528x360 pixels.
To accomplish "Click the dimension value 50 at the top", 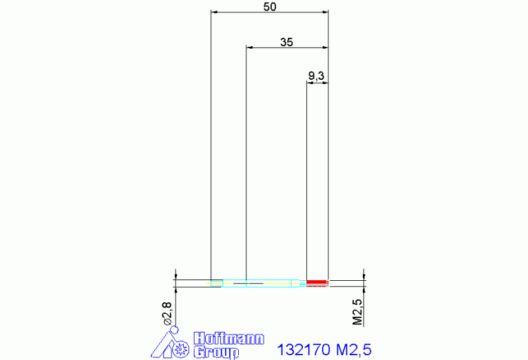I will [x=270, y=7].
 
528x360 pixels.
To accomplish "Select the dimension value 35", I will [x=287, y=42].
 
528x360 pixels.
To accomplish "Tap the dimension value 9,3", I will [x=317, y=76].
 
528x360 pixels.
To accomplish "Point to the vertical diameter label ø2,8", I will [x=167, y=313].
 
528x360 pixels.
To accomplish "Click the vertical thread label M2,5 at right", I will [x=357, y=312].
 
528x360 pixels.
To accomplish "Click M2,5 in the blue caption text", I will [x=354, y=350].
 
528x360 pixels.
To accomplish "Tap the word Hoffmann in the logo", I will [x=228, y=339].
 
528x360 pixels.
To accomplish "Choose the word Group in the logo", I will [x=216, y=352].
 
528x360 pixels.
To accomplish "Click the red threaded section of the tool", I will [x=317, y=282].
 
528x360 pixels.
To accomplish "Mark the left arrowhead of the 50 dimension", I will [x=214, y=12].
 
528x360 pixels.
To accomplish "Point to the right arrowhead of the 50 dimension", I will [x=325, y=12].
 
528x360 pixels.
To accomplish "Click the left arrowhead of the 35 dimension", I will [x=250, y=47].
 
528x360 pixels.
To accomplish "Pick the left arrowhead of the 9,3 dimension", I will [x=309, y=83].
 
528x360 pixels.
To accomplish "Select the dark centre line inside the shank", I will [x=249, y=283].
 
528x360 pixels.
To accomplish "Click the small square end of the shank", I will [x=216, y=282].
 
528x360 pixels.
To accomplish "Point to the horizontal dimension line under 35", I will [x=287, y=47].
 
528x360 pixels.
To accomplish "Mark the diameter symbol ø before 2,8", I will [x=167, y=321].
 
